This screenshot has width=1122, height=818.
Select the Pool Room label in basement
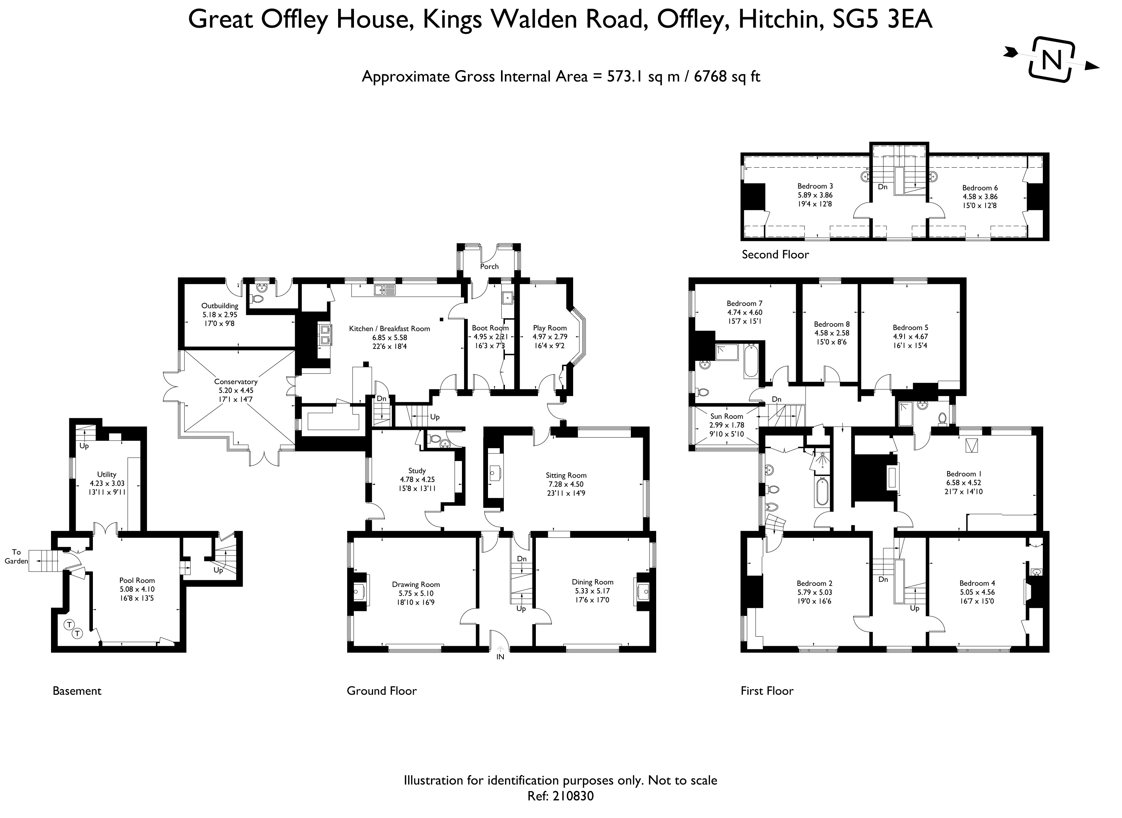(137, 580)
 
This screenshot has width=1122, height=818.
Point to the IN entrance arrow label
(500, 657)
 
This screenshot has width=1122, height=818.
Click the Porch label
(489, 267)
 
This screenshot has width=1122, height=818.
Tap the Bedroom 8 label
(832, 324)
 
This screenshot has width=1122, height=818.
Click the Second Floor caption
(775, 255)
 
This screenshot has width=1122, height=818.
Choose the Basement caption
(77, 691)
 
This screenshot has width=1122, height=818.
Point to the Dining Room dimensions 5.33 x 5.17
(592, 591)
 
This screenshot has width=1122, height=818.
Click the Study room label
(417, 470)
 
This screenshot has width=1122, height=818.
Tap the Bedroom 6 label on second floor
(980, 188)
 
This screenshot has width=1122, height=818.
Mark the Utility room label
(107, 474)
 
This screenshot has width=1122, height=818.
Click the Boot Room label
(490, 328)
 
